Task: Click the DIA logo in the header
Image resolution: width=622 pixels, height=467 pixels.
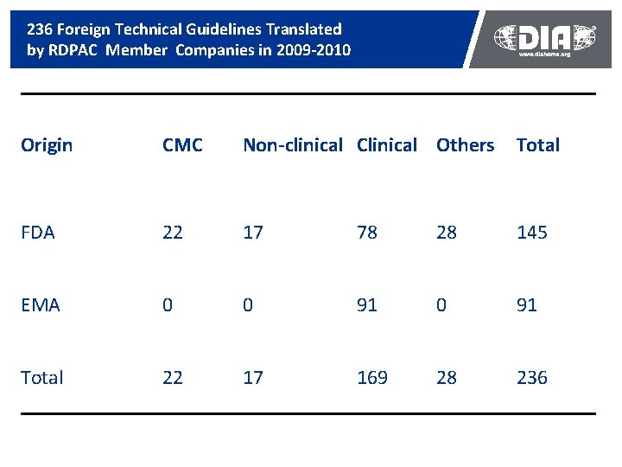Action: click(545, 37)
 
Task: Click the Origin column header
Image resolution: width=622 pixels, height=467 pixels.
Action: click(47, 145)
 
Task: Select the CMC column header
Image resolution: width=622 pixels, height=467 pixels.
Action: click(182, 145)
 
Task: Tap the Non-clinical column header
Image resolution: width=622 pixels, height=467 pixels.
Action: click(293, 145)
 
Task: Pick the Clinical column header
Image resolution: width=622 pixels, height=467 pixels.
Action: click(386, 145)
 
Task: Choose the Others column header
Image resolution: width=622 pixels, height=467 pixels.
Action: click(465, 145)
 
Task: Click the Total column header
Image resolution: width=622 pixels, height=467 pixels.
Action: click(537, 145)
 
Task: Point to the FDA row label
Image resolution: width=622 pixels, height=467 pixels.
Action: click(38, 233)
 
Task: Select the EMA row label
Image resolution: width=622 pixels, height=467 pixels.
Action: click(41, 305)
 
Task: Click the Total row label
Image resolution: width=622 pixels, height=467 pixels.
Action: click(42, 378)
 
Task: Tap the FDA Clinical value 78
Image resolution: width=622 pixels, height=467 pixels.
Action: click(367, 233)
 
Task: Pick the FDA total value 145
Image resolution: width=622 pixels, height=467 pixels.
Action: click(531, 233)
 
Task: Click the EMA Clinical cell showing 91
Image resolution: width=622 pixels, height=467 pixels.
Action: click(367, 305)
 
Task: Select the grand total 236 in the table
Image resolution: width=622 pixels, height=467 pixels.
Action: click(531, 378)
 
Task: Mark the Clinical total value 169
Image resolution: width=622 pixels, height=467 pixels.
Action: click(372, 378)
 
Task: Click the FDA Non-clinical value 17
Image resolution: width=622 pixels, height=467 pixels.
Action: click(253, 233)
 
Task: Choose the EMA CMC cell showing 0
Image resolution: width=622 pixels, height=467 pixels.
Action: click(168, 305)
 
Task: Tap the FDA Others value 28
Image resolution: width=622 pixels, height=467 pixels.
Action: click(447, 233)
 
